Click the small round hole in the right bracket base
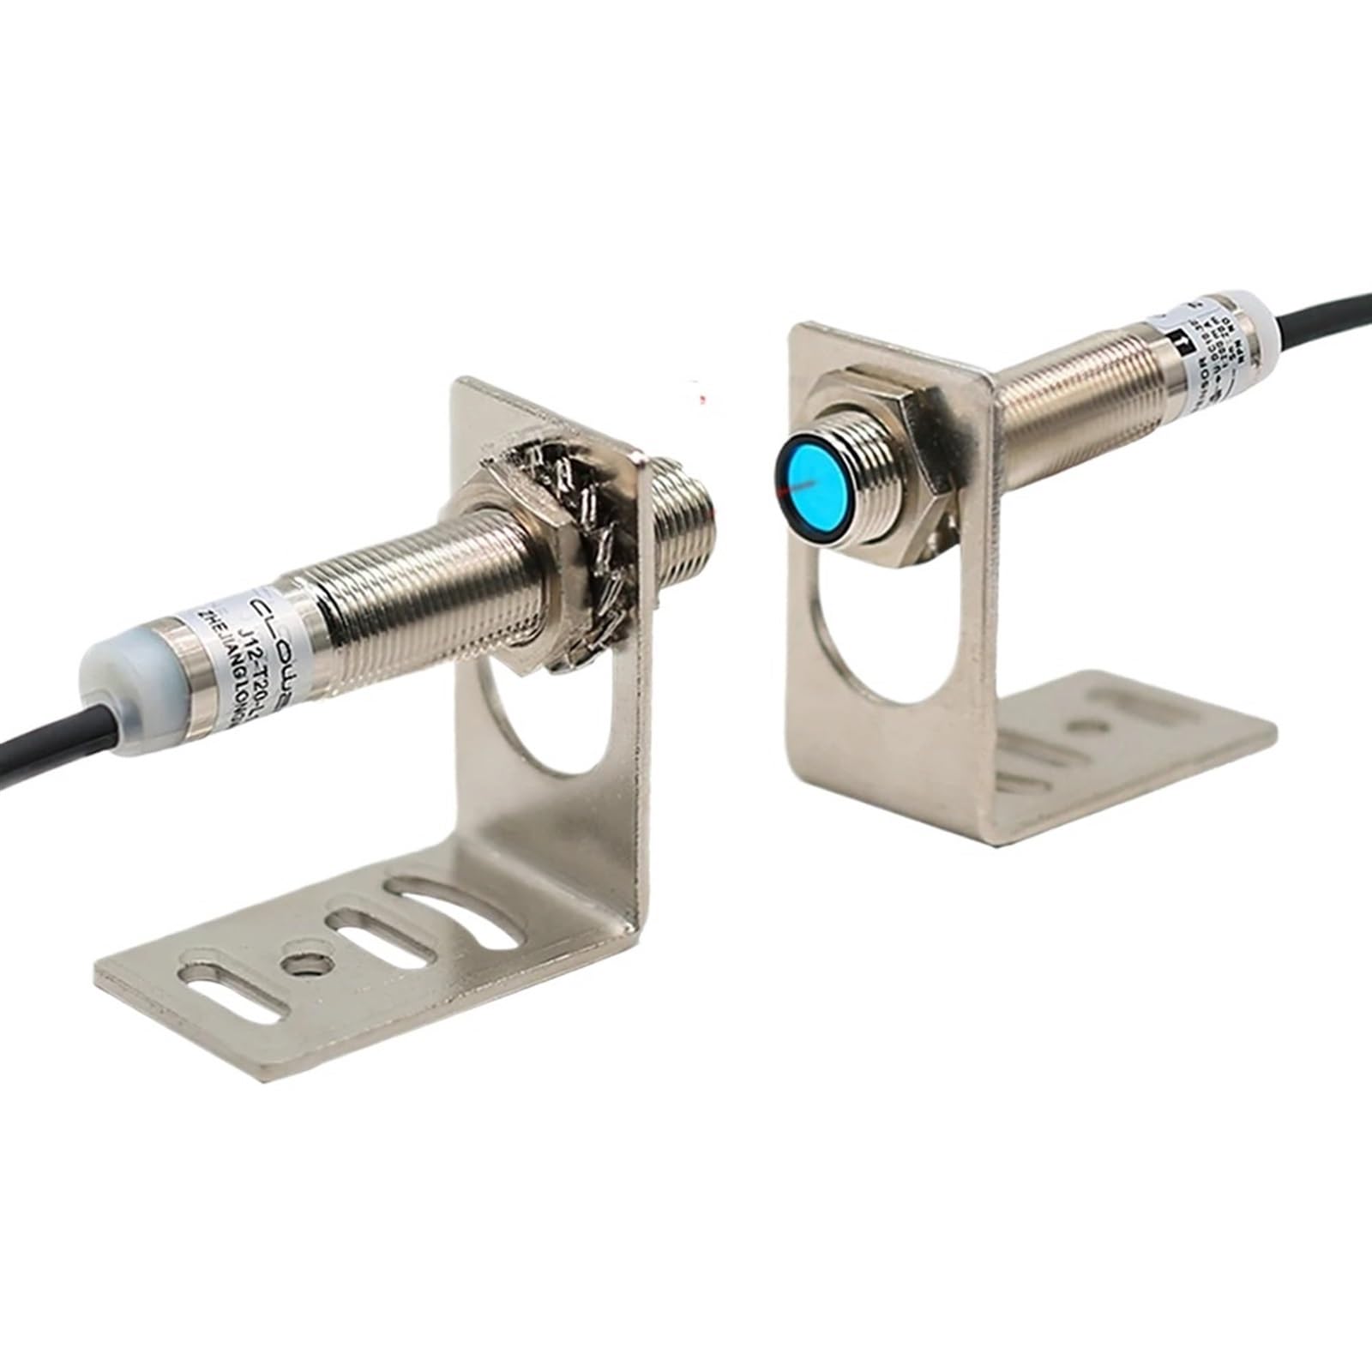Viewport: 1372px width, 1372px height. (1089, 726)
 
